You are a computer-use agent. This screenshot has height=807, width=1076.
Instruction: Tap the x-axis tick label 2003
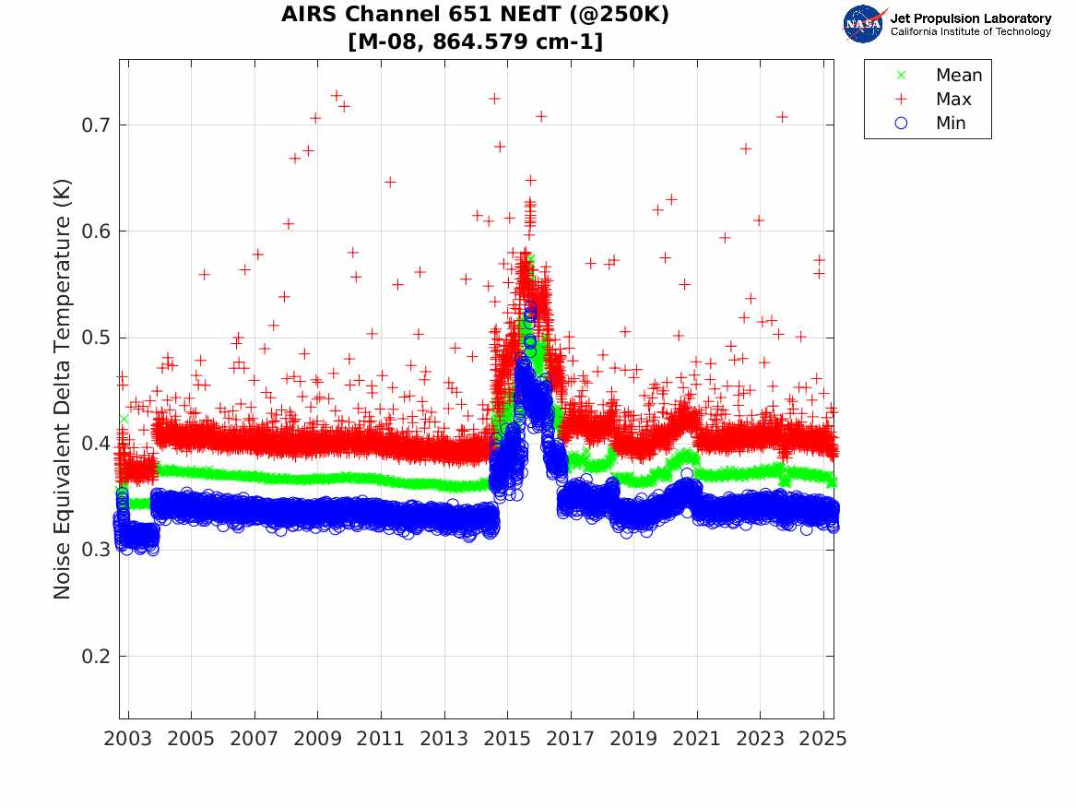click(128, 740)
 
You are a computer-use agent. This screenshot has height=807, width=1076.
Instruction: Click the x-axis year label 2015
click(507, 740)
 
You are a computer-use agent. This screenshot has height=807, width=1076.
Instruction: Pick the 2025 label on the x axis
click(823, 740)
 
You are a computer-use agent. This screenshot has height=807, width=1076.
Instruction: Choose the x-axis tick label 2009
click(318, 740)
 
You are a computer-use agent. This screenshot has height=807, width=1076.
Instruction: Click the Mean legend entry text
click(959, 76)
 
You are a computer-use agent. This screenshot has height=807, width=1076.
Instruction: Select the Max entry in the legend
click(953, 100)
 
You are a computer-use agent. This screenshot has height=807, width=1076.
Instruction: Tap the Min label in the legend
click(952, 124)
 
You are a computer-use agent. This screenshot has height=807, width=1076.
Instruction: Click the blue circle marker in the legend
click(902, 124)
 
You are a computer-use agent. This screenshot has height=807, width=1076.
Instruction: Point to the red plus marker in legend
click(902, 100)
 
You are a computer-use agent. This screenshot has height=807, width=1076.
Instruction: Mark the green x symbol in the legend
click(902, 76)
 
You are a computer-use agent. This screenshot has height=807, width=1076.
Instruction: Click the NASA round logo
click(863, 24)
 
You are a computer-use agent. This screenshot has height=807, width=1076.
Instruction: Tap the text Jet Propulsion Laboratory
click(970, 18)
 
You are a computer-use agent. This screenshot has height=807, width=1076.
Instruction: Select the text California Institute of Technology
click(970, 32)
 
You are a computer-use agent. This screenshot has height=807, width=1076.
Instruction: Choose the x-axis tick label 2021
click(697, 740)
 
